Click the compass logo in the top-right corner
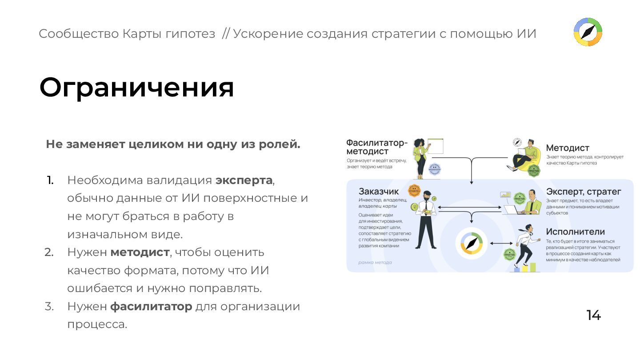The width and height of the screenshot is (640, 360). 588,32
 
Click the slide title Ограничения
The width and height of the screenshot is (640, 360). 136,87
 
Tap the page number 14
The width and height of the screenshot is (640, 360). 593,315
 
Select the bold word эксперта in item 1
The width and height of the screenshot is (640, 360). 244,180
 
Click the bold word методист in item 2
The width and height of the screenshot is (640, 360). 140,252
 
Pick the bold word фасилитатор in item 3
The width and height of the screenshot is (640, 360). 151,307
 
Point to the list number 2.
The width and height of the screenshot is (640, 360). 49,252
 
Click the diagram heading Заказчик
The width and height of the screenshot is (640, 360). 379,192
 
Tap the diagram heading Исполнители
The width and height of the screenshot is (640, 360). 575,232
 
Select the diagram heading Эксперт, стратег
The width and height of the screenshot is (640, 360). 583,192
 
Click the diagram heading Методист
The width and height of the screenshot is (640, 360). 568,148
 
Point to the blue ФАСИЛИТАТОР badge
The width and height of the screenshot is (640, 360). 435,169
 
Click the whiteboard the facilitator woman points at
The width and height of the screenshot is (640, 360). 435,146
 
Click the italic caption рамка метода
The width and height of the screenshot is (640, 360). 375,263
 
